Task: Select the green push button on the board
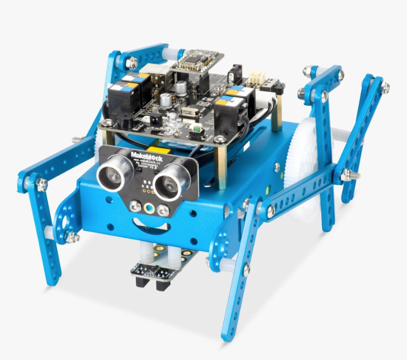(x=197, y=128)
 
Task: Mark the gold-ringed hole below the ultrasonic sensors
(x=147, y=206)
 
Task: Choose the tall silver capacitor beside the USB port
(x=183, y=87)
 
